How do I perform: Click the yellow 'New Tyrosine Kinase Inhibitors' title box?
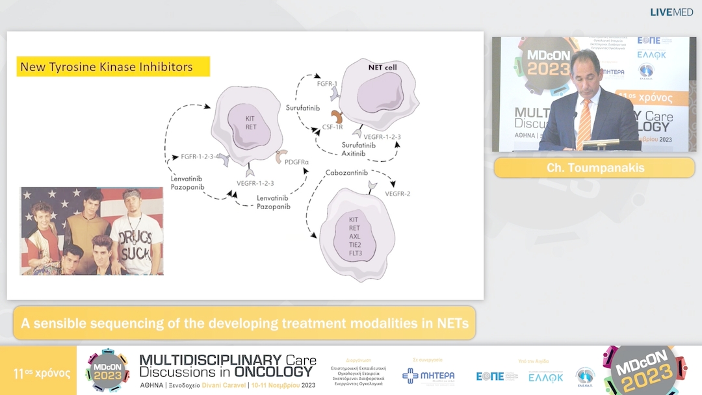click(113, 66)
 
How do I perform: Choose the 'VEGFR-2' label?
click(398, 194)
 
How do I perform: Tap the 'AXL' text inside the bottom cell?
click(354, 237)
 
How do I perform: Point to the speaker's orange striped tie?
click(584, 123)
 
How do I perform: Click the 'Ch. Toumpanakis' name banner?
click(594, 168)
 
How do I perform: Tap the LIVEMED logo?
click(671, 12)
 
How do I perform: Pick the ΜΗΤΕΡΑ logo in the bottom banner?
click(428, 376)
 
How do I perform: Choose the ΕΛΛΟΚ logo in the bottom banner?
click(545, 377)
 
